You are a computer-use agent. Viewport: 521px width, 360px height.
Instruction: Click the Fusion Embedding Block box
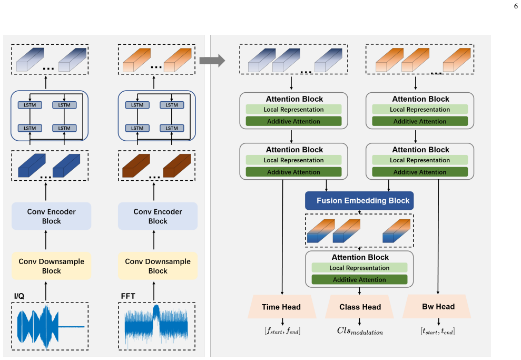coord(359,200)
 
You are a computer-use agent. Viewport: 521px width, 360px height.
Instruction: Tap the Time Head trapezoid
coord(282,306)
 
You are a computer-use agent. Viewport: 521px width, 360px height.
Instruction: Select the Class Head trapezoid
coord(359,306)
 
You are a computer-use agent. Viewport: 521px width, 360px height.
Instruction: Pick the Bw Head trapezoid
coord(437,306)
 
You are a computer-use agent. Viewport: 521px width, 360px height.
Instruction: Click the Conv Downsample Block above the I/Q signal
coord(52,266)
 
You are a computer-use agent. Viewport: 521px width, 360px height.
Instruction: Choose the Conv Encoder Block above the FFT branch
coord(158,216)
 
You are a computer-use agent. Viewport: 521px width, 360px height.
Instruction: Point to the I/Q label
coord(19,296)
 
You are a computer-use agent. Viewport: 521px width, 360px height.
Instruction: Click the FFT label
coord(128,296)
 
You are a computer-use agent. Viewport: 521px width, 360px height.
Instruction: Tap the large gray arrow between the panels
coord(212,61)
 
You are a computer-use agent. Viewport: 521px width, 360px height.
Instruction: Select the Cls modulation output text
coord(360,331)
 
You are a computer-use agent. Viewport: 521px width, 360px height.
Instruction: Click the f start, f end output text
coord(282,331)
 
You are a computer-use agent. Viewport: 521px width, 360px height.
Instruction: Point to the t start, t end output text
coord(438,331)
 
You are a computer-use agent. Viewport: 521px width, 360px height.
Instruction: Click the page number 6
coord(516,6)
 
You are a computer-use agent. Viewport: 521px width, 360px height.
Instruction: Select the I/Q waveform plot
coord(51,326)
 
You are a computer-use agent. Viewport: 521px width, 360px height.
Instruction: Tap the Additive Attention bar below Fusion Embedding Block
coord(359,279)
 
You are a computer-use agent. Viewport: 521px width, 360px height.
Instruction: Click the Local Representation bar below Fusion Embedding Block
coord(359,268)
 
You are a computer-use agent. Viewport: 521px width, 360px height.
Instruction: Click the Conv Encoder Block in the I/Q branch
coord(52,216)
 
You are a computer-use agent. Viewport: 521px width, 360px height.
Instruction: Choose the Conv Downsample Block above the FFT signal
coord(158,266)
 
